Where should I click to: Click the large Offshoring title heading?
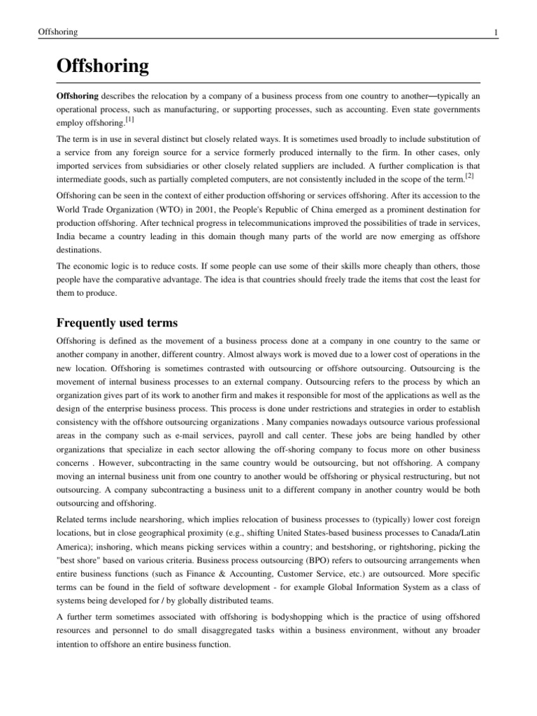[x=103, y=66]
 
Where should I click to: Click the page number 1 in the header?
[x=495, y=33]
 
